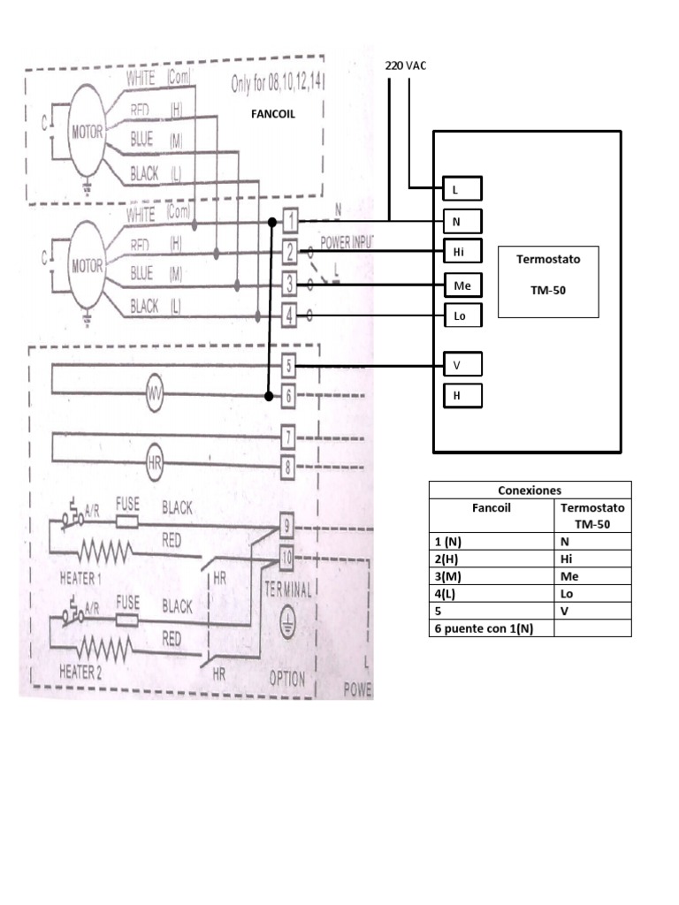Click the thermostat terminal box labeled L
coord(462,189)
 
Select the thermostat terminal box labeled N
coord(462,221)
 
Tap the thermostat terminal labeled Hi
coord(462,252)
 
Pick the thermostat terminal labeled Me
coord(462,285)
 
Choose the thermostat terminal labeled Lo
coord(462,316)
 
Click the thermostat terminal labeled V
coord(462,364)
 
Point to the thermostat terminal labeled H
coord(462,396)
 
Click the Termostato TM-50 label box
coord(548,281)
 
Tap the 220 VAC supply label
coord(406,65)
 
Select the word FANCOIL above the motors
coord(272,115)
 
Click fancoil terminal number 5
coord(288,365)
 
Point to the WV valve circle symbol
coord(155,394)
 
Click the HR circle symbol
coord(155,462)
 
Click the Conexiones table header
coord(530,491)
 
